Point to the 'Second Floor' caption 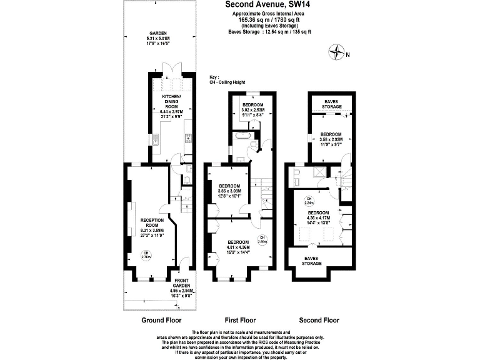coord(319,320)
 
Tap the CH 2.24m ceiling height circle coord(309,201)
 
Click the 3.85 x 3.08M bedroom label coord(230,190)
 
